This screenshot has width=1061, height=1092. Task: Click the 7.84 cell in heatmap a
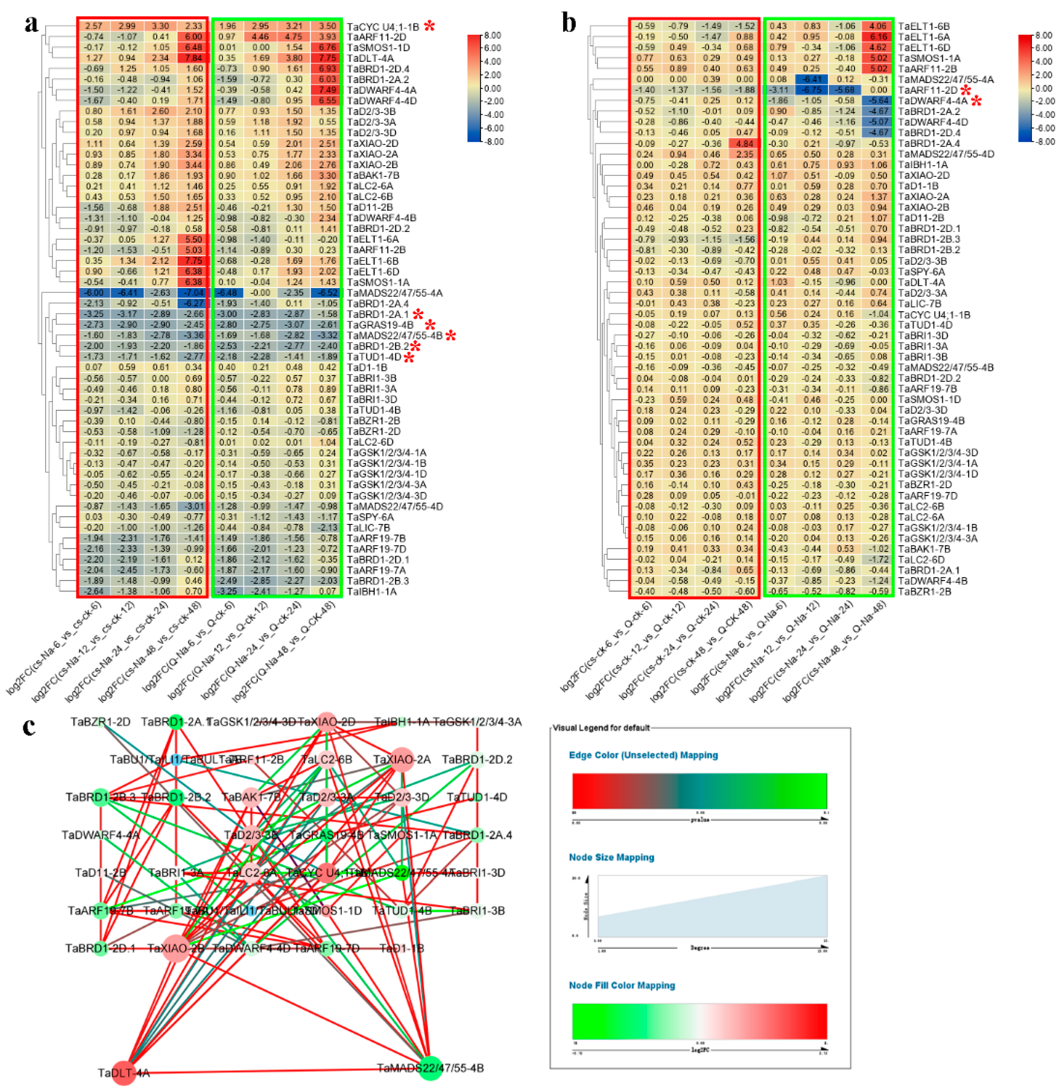click(x=193, y=58)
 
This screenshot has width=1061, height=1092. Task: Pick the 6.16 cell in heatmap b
click(x=878, y=37)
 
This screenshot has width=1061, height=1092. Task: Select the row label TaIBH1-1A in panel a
click(x=372, y=592)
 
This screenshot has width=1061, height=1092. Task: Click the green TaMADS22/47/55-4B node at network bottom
click(x=430, y=1068)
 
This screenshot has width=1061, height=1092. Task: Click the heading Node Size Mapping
click(x=611, y=857)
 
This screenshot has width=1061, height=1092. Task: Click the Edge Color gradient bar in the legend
click(x=699, y=791)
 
